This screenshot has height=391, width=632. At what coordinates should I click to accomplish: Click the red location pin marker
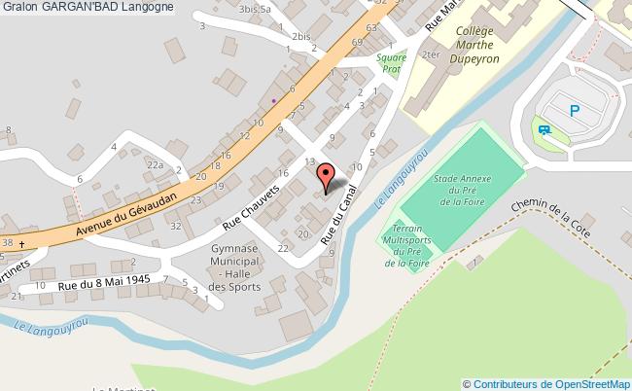328,178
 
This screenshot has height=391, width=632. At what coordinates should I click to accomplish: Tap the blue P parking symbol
576,111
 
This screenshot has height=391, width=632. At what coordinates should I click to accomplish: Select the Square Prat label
391,64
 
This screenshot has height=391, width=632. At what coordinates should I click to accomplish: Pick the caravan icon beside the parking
542,127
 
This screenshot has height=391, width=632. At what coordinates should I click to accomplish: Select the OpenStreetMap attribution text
551,383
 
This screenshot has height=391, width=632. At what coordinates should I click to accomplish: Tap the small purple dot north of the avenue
274,99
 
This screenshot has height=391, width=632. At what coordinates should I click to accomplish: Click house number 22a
155,166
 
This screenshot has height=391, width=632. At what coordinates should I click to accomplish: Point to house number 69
357,43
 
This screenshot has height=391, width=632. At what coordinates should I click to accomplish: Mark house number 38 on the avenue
8,242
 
